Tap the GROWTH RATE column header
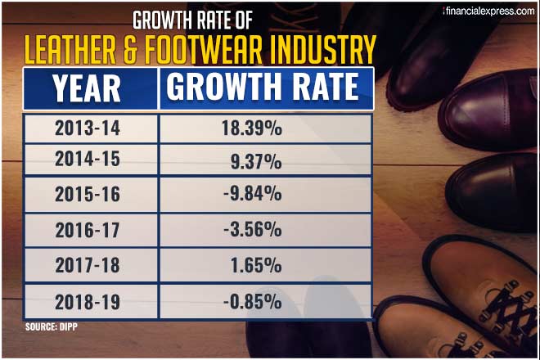point(263,88)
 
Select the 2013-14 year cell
point(88,128)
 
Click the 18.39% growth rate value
point(252,128)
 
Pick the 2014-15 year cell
point(88,160)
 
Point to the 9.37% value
point(256,161)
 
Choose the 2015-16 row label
point(88,196)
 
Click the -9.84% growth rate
point(252,195)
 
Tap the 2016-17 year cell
point(88,231)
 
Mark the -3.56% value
point(252,230)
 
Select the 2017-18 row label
point(88,266)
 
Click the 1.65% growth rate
point(256,265)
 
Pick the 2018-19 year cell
point(88,301)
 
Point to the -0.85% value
point(252,300)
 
